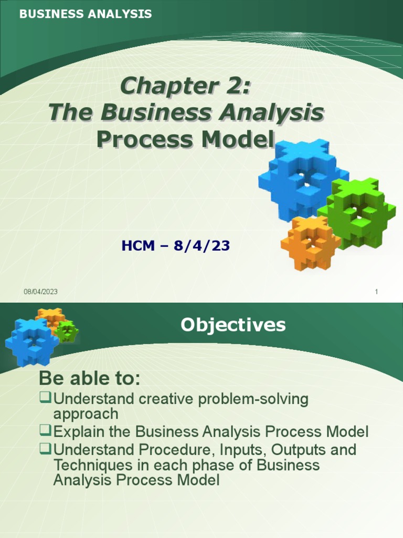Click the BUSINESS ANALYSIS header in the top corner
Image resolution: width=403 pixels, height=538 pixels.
point(86,14)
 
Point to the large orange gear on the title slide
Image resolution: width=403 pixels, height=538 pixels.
point(309,241)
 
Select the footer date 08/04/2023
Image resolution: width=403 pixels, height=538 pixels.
point(40,292)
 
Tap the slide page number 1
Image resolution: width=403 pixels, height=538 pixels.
point(377,292)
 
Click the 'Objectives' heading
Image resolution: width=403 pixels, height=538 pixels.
point(233,325)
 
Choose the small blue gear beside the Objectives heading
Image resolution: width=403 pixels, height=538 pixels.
point(30,342)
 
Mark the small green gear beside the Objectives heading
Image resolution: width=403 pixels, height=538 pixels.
point(67,332)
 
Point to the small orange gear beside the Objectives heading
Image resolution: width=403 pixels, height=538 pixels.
point(50,317)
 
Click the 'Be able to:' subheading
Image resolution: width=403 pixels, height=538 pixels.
point(90,378)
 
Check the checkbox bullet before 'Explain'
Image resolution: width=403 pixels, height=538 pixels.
point(46,431)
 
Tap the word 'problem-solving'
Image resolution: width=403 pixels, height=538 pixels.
point(254,399)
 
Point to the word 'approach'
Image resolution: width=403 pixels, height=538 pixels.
point(86,413)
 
